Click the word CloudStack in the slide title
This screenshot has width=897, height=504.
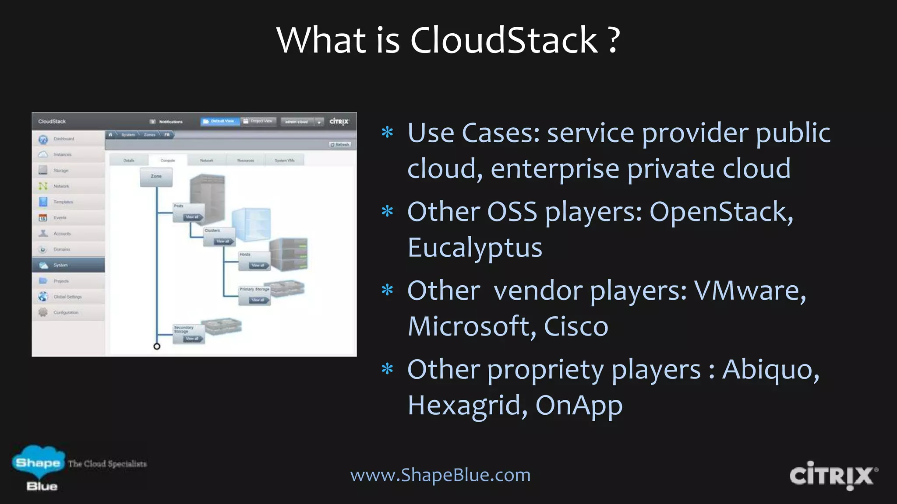[x=504, y=40]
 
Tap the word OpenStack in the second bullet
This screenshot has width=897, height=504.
[x=720, y=212]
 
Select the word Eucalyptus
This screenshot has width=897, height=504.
[x=475, y=248]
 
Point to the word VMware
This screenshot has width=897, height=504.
[x=749, y=291]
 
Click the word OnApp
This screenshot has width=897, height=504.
[x=579, y=406]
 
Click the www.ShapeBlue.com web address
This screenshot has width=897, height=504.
[x=440, y=475]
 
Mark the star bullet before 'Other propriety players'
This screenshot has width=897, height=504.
[x=387, y=369]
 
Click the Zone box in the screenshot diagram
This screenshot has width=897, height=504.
[x=156, y=177]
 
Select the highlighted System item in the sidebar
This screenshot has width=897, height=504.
[x=68, y=265]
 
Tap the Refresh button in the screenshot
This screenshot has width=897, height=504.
[x=340, y=144]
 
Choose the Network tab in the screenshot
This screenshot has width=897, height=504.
[x=206, y=161]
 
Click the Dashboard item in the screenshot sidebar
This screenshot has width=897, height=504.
[x=64, y=139]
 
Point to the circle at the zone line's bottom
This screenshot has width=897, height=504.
[x=157, y=346]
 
